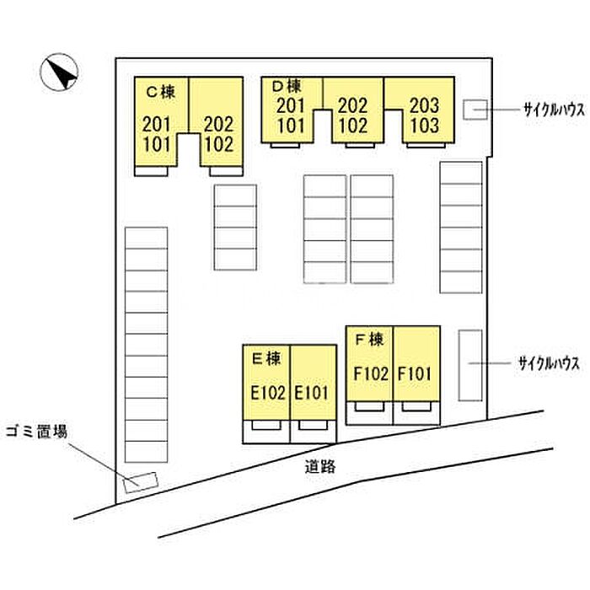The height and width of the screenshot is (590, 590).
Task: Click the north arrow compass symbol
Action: (59, 72)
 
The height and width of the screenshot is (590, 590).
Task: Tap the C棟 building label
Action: (161, 91)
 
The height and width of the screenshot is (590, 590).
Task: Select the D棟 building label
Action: (287, 87)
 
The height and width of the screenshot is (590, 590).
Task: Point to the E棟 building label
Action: (266, 358)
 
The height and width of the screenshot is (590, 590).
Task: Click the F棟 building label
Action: (369, 340)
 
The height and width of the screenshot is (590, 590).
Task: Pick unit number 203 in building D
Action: (425, 105)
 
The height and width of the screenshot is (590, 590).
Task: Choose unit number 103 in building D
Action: (425, 126)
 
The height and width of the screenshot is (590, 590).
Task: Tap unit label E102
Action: (268, 394)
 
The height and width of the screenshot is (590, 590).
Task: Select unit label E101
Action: (312, 394)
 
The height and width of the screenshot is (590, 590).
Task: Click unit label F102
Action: (371, 374)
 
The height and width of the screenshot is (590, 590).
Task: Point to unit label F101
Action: (415, 374)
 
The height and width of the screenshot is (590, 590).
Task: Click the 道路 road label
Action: (320, 467)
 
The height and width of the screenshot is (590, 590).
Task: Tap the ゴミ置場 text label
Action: (36, 432)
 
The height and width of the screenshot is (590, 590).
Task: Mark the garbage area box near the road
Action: (140, 482)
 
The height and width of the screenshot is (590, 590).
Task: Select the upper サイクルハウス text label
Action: (555, 110)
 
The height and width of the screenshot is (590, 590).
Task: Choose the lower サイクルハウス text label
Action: (549, 364)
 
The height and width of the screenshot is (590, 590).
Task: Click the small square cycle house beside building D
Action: (475, 110)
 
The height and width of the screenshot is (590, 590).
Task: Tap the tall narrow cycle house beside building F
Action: (470, 365)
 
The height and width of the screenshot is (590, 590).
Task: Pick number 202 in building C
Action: (218, 124)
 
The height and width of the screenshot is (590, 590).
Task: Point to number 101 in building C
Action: (157, 144)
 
